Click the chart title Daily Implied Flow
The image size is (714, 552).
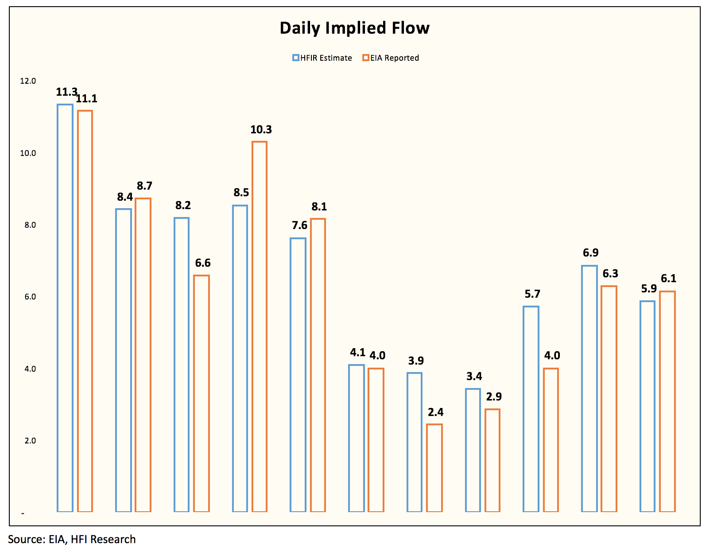pos(354,28)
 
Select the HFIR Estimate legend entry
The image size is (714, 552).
pos(322,58)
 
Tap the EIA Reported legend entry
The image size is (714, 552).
pos(391,58)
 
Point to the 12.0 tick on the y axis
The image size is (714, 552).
pos(28,81)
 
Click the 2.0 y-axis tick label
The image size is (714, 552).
pos(30,441)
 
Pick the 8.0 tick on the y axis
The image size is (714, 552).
pos(30,225)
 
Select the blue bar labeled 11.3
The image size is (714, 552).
pos(65,308)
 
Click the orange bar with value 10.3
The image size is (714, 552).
pos(260,326)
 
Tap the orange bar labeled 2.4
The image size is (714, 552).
pos(435,468)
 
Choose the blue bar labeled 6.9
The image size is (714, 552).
pos(590,389)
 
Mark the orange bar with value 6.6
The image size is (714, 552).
pos(202,393)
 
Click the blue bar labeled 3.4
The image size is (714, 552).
pos(473,450)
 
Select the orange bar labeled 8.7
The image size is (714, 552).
pos(143,355)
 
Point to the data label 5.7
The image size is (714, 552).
pos(532,294)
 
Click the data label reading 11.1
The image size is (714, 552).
pos(86,98)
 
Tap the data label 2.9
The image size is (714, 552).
pos(494,397)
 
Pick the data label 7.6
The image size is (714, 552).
pos(300,225)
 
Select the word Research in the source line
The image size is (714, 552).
pos(113,539)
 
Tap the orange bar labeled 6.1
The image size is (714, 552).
pos(667,401)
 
